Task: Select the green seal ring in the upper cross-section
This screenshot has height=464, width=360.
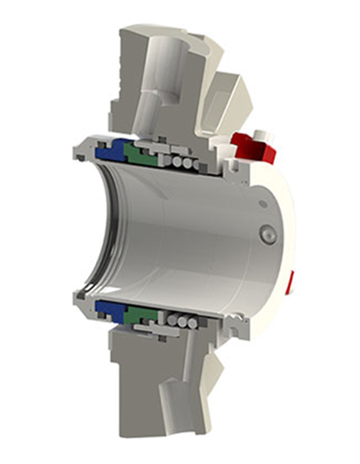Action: [139, 155]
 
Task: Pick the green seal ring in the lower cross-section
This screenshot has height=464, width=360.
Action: [140, 315]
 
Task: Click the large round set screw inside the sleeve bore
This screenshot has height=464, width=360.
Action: [267, 235]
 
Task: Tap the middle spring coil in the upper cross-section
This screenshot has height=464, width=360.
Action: [179, 163]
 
